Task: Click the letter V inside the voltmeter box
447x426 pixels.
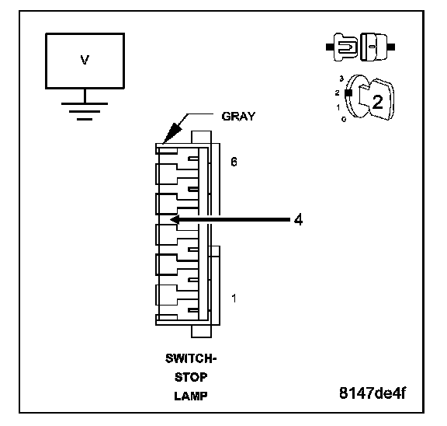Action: [x=85, y=60]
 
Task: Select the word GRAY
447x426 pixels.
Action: [x=238, y=117]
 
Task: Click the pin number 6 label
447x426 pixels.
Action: [x=234, y=162]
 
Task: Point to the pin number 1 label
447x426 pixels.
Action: [x=234, y=299]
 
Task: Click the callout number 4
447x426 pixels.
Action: [x=298, y=220]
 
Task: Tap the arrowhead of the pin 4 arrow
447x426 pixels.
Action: [x=175, y=219]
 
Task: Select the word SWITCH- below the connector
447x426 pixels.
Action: [x=191, y=358]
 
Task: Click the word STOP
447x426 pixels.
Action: [x=191, y=378]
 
